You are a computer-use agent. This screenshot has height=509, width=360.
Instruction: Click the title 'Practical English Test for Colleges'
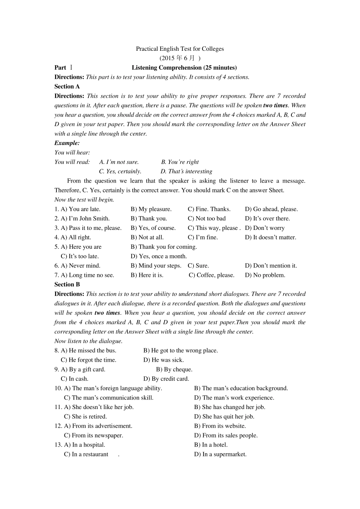[180, 49]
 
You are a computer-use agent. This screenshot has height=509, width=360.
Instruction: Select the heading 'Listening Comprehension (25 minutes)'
[184, 68]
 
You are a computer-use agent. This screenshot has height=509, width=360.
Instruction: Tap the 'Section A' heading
[67, 86]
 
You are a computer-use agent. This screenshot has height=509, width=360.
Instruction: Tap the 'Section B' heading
[67, 284]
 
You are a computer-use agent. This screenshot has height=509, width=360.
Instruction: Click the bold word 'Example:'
[67, 143]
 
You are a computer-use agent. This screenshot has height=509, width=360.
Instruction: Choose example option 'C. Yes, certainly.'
[120, 172]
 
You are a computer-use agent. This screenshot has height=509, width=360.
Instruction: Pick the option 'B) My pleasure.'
[151, 209]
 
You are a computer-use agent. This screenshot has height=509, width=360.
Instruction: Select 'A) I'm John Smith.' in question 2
[85, 219]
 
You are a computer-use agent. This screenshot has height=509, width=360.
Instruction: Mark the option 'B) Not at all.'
[147, 237]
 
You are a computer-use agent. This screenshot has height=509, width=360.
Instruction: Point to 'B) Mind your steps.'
[156, 266]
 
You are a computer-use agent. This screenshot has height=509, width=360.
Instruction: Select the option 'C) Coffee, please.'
[211, 275]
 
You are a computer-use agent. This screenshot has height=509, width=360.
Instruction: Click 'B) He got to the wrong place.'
[180, 351]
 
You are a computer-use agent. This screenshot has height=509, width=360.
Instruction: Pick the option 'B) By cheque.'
[174, 370]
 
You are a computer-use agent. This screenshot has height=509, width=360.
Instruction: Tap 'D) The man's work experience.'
[234, 398]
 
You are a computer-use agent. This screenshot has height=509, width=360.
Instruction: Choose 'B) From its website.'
[220, 426]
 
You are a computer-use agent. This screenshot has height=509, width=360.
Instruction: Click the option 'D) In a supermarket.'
[220, 454]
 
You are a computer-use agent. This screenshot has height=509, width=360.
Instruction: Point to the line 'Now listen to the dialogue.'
[88, 341]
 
